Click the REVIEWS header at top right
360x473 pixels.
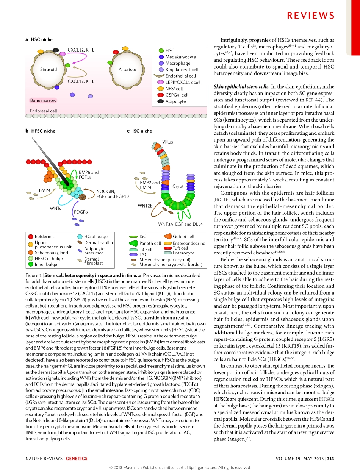(310, 16)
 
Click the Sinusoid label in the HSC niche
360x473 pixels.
(49, 69)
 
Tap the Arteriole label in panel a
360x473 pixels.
(127, 69)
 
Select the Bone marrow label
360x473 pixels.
(43, 101)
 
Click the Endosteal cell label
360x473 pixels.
(43, 111)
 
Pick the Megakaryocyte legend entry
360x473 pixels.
(180, 57)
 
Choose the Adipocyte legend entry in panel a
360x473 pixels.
(175, 101)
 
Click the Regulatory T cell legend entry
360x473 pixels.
(182, 70)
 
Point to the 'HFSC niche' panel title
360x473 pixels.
(43, 131)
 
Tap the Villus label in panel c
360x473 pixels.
(167, 142)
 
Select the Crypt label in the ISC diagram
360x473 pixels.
(178, 187)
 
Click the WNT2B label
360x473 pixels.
(145, 206)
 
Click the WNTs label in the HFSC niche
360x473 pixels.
(55, 208)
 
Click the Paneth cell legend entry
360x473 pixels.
(150, 243)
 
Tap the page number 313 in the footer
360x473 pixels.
(330, 459)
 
